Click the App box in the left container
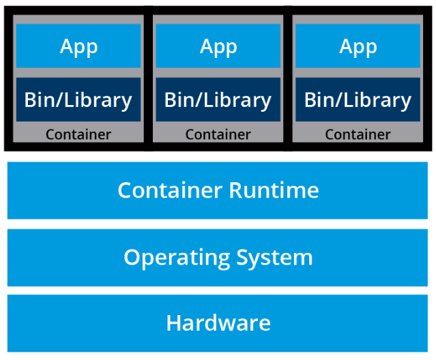click(x=78, y=46)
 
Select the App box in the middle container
click(x=218, y=46)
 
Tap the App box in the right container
click(x=358, y=46)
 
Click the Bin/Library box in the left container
click(x=78, y=100)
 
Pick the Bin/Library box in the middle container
click(x=218, y=100)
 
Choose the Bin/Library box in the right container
click(x=358, y=100)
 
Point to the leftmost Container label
click(x=78, y=134)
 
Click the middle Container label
click(x=218, y=134)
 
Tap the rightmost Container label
click(x=358, y=134)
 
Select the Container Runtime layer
click(x=218, y=190)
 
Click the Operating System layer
click(x=218, y=258)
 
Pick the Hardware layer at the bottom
click(x=218, y=322)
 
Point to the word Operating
click(x=176, y=258)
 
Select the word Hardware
click(x=218, y=322)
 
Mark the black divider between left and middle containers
click(x=148, y=78)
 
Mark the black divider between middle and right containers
click(x=288, y=78)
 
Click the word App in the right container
click(x=358, y=47)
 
